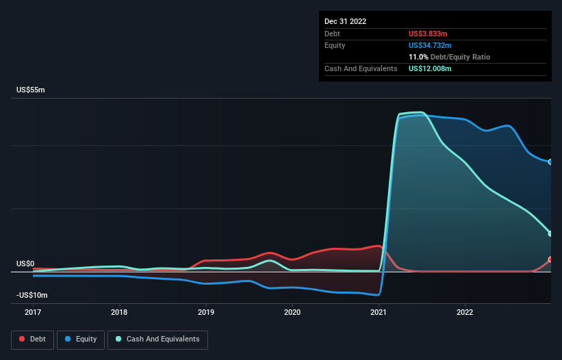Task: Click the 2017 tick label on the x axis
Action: coord(32,312)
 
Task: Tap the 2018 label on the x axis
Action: coord(119,312)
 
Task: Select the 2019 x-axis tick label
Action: coord(205,312)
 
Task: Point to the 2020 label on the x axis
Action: coord(292,312)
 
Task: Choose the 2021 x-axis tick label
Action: coord(379,312)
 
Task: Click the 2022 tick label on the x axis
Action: coord(465,312)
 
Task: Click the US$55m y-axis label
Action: coord(31,90)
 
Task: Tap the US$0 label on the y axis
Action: coord(25,263)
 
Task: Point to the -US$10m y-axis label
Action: coord(33,295)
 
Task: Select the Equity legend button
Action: coord(81,339)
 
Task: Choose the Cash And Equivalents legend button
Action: coord(157,339)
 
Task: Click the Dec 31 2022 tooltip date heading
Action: coord(346,21)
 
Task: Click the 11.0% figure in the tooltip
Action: coord(418,57)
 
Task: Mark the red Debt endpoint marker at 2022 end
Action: coord(550,260)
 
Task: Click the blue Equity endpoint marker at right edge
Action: coord(550,162)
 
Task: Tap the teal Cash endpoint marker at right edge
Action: coord(550,233)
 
